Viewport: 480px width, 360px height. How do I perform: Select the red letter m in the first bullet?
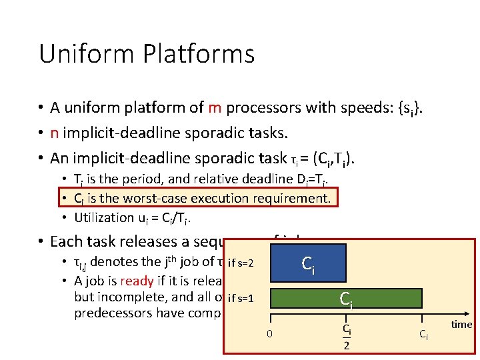pyautogui.click(x=215, y=109)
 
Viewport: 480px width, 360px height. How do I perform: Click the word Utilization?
pyautogui.click(x=104, y=217)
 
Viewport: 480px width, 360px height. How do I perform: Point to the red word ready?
pyautogui.click(x=137, y=280)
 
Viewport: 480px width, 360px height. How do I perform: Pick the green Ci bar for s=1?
pyautogui.click(x=346, y=299)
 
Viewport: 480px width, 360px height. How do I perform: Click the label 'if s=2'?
pyautogui.click(x=241, y=263)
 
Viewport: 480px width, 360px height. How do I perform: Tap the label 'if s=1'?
pyautogui.click(x=241, y=297)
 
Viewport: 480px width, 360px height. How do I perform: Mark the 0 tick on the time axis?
pyautogui.click(x=269, y=333)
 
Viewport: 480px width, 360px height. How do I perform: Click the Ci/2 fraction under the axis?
pyautogui.click(x=346, y=337)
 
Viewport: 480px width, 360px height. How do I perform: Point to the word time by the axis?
pyautogui.click(x=461, y=325)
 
